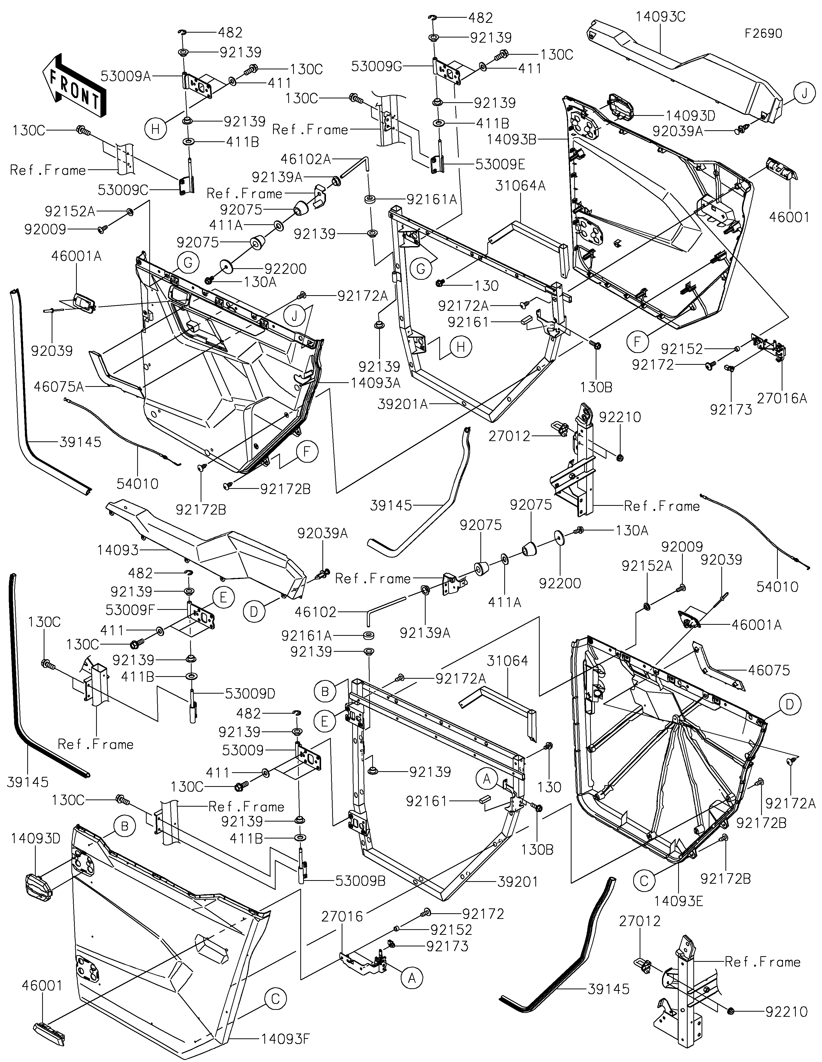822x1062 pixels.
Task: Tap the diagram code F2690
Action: pos(764,34)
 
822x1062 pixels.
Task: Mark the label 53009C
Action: pos(123,190)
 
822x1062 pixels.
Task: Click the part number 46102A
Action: pos(305,159)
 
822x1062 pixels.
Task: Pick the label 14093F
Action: pos(285,1039)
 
